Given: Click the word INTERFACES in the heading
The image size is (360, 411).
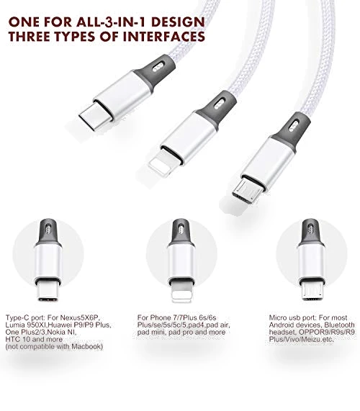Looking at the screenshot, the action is coord(164,37).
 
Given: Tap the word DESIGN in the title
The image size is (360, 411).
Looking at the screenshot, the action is coord(179,22).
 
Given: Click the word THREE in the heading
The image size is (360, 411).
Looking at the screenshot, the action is coord(30,37).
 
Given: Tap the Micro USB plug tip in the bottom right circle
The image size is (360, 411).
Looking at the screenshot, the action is coord(312,290).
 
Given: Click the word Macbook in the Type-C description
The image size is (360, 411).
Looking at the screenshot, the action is coord(86,346).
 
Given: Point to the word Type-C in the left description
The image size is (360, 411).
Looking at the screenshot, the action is coord(17,317).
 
